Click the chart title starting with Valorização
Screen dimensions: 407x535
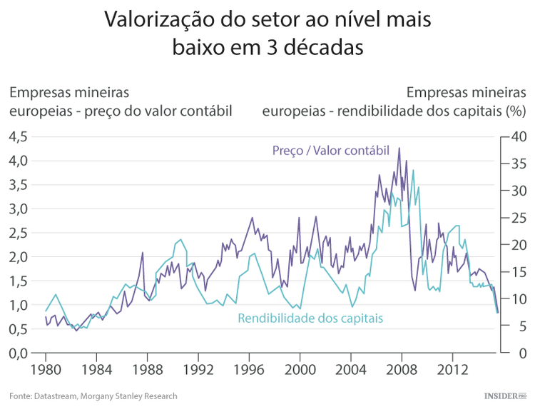tap(267, 33)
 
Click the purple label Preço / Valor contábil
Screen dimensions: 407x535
tap(330, 151)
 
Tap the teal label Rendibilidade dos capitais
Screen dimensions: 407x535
tap(310, 318)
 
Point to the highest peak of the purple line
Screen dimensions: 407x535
tap(399, 149)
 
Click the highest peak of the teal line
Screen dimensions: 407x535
tap(413, 170)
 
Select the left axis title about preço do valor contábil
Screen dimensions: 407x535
tap(121, 101)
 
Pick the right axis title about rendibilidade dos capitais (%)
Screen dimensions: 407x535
tap(394, 101)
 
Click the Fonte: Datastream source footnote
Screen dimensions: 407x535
tap(93, 396)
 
